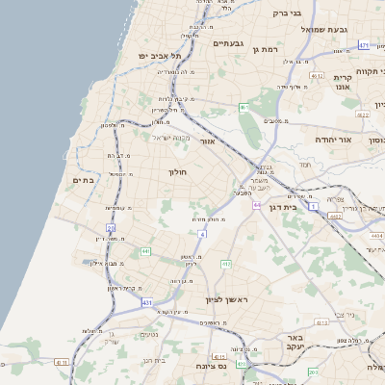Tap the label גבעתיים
pyautogui.click(x=232, y=43)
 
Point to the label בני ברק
pyautogui.click(x=287, y=13)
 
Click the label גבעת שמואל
pyautogui.click(x=322, y=29)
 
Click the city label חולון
pyautogui.click(x=177, y=172)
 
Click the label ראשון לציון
pyautogui.click(x=226, y=301)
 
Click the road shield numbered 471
pyautogui.click(x=364, y=45)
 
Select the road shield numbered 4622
pyautogui.click(x=362, y=114)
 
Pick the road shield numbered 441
pyautogui.click(x=145, y=251)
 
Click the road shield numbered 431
pyautogui.click(x=147, y=303)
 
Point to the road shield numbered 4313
pyautogui.click(x=218, y=356)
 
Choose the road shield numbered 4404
pyautogui.click(x=376, y=234)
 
